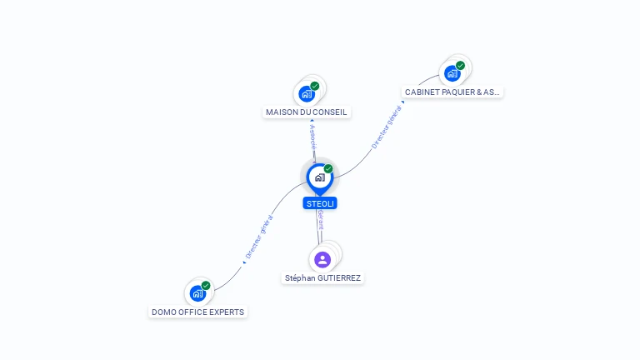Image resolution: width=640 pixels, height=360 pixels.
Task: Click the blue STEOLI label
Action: (320, 203)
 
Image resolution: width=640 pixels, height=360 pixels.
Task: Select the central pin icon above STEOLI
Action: (319, 177)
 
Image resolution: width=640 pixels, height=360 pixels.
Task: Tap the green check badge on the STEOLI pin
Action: (328, 169)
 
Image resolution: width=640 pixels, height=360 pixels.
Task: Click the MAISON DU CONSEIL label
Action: (306, 112)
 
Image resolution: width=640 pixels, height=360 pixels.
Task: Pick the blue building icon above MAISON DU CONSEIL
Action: (307, 93)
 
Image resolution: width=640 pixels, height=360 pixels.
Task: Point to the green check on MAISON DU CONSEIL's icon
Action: (315, 86)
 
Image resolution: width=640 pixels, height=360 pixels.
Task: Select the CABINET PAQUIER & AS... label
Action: (452, 92)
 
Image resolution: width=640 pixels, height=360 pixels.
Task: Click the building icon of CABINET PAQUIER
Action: (452, 73)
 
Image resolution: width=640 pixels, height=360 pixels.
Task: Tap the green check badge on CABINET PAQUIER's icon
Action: (460, 66)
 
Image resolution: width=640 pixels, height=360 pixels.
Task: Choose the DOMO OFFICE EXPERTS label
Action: (198, 312)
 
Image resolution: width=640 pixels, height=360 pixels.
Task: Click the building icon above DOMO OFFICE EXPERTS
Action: (197, 292)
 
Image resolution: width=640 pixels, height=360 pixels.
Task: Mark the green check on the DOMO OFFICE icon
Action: (206, 286)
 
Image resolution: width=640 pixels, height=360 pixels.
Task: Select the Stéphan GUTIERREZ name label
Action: (322, 278)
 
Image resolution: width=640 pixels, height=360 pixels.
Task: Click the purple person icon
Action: (322, 259)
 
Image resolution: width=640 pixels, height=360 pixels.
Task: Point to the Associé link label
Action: (312, 137)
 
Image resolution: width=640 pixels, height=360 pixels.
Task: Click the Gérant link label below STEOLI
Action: (321, 221)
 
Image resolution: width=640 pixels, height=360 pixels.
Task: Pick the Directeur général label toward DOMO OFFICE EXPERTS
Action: (260, 237)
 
